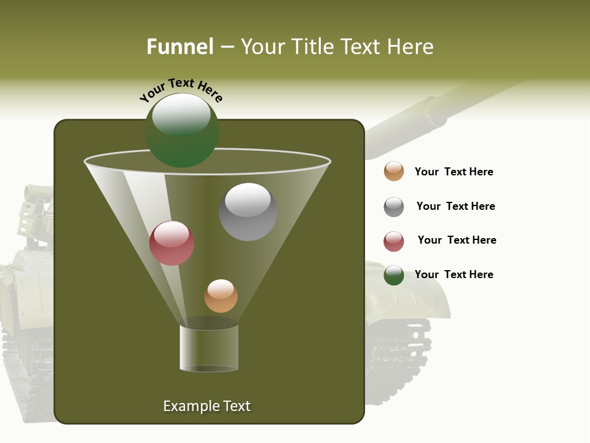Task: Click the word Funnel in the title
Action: (179, 47)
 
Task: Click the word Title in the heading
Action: (312, 47)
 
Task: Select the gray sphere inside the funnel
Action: (248, 212)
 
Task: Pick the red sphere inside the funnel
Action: (172, 244)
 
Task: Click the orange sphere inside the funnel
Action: (221, 296)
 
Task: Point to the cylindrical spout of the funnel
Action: (209, 348)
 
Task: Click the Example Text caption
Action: (206, 406)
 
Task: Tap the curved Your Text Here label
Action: (181, 90)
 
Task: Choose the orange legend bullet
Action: (394, 172)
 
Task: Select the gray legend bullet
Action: (394, 207)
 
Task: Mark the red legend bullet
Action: (394, 241)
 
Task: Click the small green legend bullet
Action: (394, 275)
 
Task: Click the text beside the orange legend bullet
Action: (454, 172)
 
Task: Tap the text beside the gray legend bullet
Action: (455, 206)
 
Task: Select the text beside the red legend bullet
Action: (457, 240)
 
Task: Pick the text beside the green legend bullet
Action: (454, 274)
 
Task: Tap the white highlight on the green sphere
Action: (181, 114)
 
